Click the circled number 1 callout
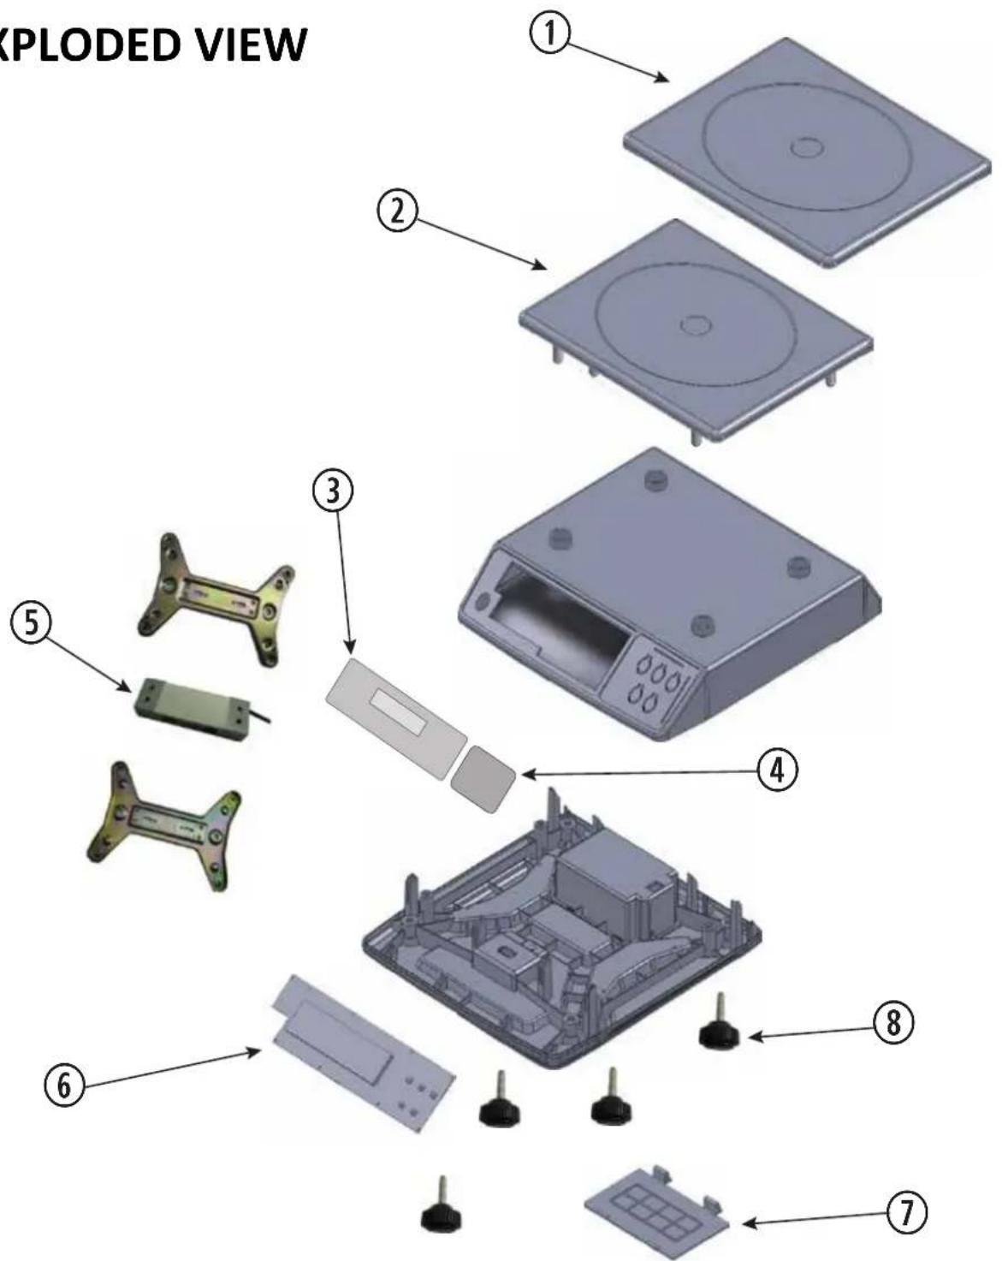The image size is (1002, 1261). (x=548, y=33)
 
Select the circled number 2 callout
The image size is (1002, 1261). (x=397, y=211)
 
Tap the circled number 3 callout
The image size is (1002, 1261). (x=333, y=490)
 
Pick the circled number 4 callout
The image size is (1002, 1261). (x=777, y=770)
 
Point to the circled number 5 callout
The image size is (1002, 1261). (x=31, y=622)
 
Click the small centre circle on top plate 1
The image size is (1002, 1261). (x=806, y=147)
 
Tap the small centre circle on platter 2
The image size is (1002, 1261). (x=696, y=324)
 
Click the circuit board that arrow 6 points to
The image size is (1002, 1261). (x=364, y=1054)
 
